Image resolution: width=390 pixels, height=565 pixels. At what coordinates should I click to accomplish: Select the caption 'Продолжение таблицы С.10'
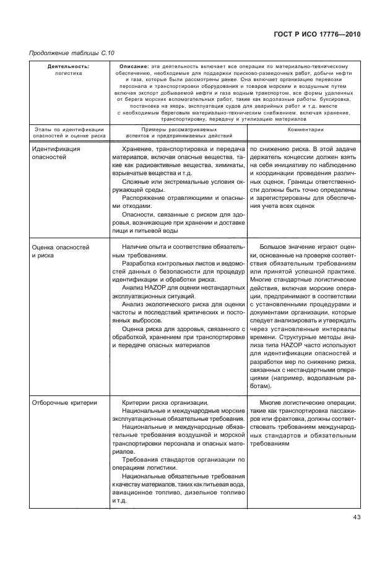(72, 53)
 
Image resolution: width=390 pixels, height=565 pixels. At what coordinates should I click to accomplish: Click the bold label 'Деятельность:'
(69, 66)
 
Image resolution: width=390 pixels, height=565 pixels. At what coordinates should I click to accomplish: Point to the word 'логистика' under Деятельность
(69, 73)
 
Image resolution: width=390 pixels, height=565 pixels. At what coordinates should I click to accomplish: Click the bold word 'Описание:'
(131, 66)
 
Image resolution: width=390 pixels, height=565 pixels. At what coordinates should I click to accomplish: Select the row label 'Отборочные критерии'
(64, 402)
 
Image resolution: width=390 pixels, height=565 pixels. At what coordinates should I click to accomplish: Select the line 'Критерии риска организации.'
(165, 402)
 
